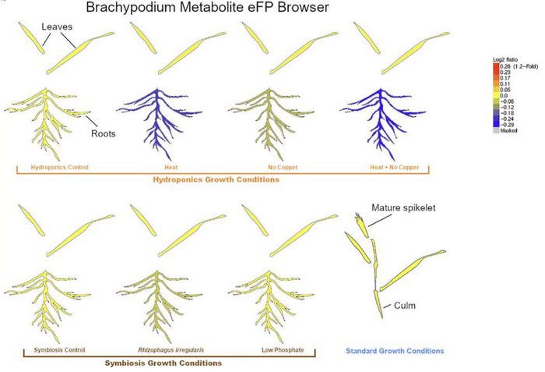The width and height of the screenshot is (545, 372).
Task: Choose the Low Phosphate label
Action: [284, 350]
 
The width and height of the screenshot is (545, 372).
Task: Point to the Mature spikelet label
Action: [397, 209]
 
